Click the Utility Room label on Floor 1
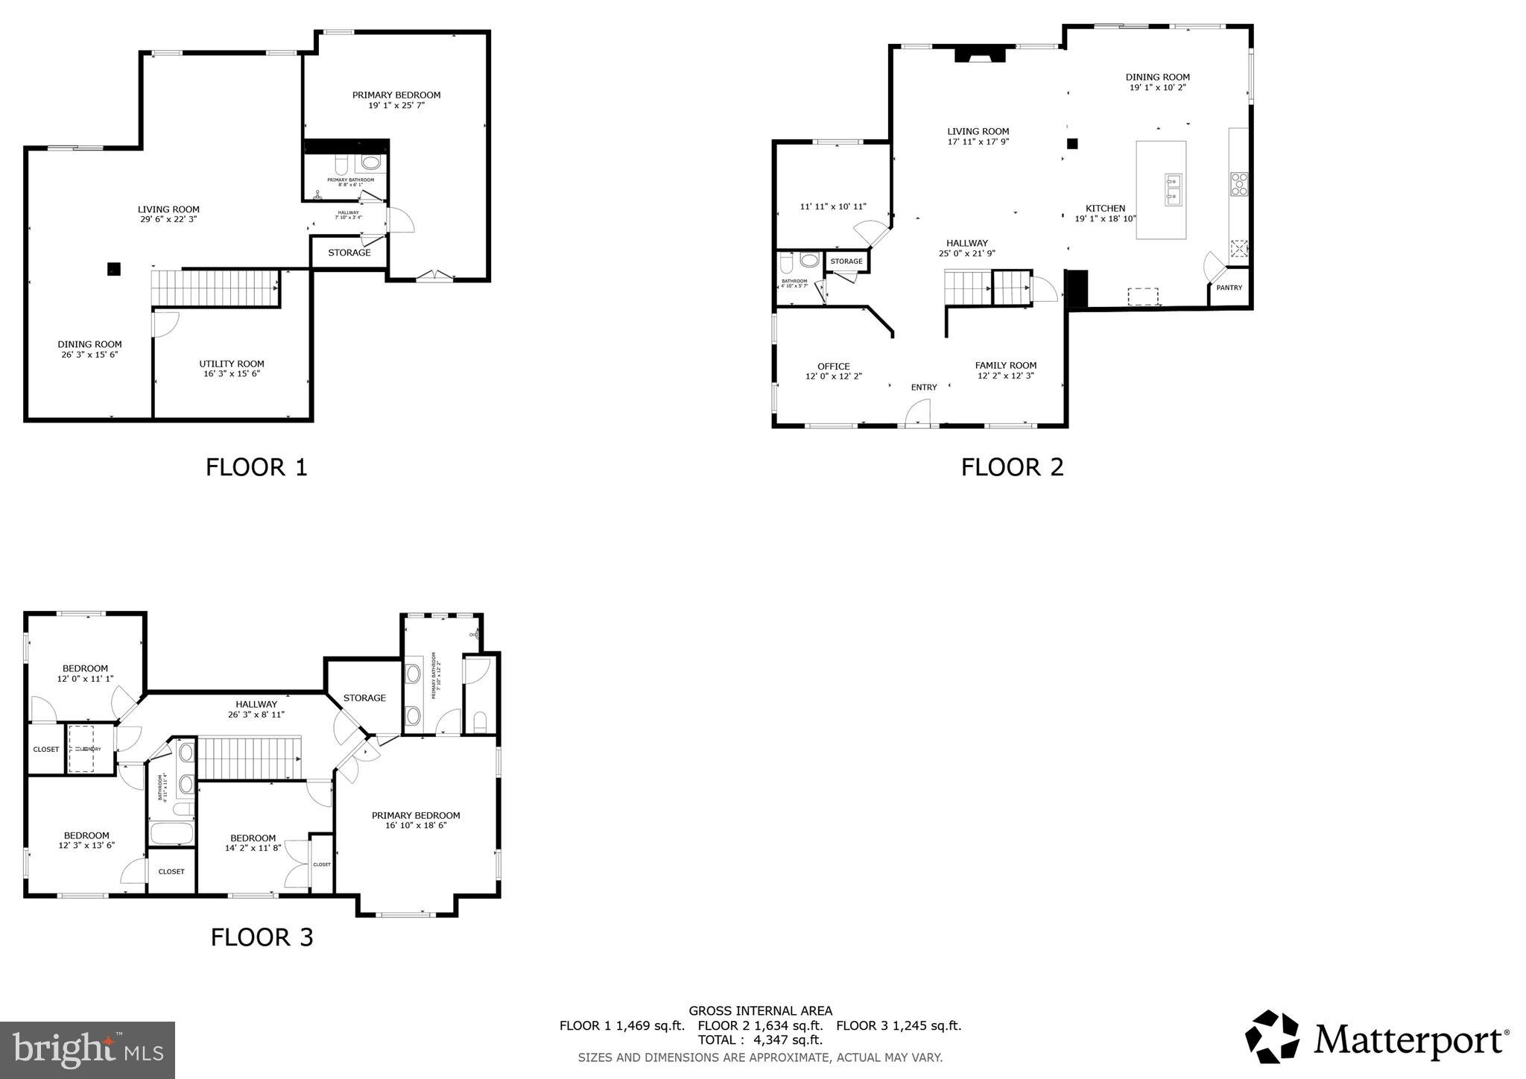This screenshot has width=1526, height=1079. point(232,364)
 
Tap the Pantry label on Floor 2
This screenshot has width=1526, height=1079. point(1229,288)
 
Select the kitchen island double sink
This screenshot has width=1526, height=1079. point(1173,189)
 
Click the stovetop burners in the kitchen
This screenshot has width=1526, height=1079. point(1239,184)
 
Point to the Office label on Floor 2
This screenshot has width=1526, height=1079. point(833,366)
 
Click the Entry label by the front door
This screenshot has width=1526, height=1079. point(924,387)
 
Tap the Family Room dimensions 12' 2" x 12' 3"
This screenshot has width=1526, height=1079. point(1006,376)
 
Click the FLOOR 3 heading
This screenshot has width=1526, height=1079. point(262,937)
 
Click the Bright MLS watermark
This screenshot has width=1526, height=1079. point(87,1050)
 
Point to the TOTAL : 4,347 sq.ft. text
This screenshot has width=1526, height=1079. point(760,1040)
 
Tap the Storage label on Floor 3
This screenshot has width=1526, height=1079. point(364,698)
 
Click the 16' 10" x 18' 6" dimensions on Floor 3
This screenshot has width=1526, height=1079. point(416,826)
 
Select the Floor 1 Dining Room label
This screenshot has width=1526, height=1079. point(89,344)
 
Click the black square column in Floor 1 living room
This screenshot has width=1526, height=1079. point(113,269)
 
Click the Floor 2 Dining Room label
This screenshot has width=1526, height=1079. point(1157,77)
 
